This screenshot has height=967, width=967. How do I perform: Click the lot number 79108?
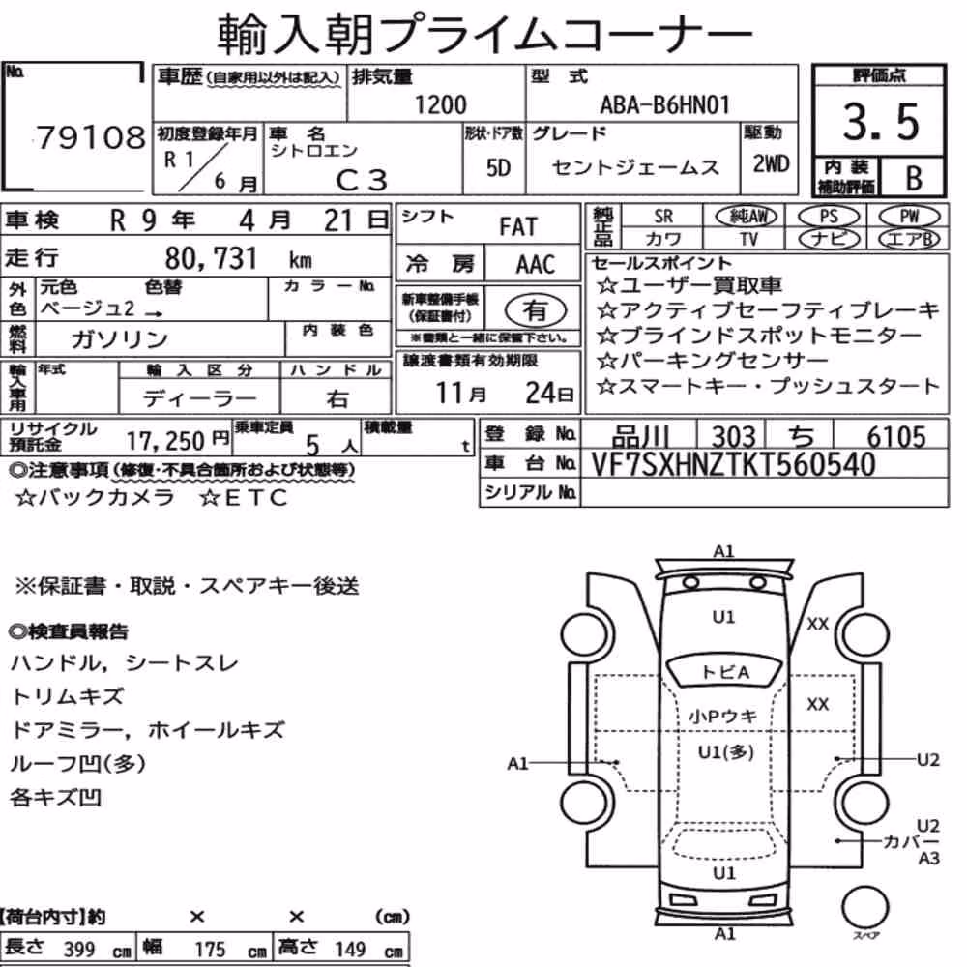click(x=91, y=137)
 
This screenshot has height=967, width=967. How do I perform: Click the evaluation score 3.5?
click(x=881, y=122)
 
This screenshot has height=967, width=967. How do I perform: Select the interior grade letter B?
click(x=914, y=178)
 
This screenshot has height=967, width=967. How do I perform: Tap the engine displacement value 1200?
click(x=440, y=104)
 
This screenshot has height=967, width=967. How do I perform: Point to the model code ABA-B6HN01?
click(x=664, y=104)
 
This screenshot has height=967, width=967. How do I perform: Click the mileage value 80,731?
click(x=211, y=258)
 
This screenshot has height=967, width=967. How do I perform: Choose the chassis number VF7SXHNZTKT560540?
click(x=733, y=464)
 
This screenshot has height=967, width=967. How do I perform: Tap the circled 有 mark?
click(x=536, y=310)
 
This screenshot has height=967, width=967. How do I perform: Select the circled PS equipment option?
click(x=829, y=217)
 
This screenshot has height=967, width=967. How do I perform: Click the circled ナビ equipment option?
click(x=829, y=239)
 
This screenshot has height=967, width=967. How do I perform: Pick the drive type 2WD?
click(x=771, y=164)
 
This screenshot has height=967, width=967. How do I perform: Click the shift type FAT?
click(x=518, y=227)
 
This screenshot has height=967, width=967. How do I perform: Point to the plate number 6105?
click(x=896, y=437)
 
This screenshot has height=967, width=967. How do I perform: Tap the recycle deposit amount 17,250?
click(x=165, y=441)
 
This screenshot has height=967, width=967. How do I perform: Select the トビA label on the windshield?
click(x=725, y=672)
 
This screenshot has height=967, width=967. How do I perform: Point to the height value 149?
click(x=350, y=949)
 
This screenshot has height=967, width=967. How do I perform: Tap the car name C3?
click(x=362, y=180)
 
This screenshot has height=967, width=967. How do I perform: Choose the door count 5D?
click(x=498, y=167)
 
